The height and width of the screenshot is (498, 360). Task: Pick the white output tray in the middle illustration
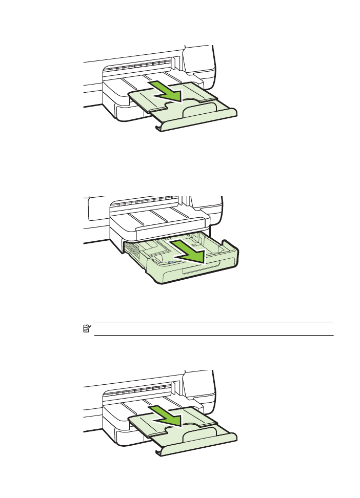click(x=159, y=223)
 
